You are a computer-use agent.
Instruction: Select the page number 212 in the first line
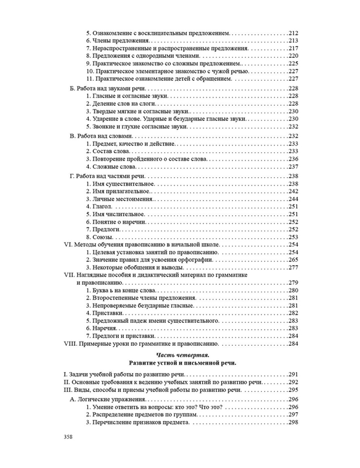point(293,33)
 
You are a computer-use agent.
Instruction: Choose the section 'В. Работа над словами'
point(101,136)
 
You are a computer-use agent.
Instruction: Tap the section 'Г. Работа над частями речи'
point(107,176)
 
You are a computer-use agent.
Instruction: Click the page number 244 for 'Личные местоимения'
point(293,199)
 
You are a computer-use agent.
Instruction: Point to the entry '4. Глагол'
point(99,207)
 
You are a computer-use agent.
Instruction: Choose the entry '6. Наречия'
point(101,328)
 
